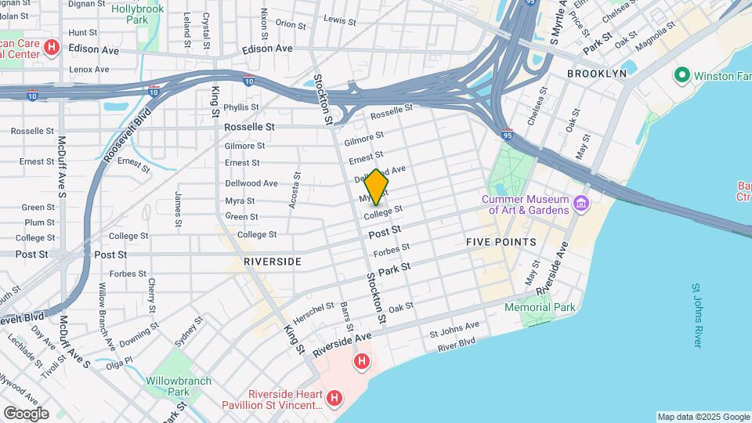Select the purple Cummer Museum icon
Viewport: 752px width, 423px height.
pyautogui.click(x=581, y=204)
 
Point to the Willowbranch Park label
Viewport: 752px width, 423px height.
pyautogui.click(x=178, y=386)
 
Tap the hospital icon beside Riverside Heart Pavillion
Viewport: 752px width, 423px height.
pyautogui.click(x=334, y=399)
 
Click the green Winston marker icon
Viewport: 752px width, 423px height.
pyautogui.click(x=681, y=76)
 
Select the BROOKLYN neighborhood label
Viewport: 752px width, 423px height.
pyautogui.click(x=597, y=73)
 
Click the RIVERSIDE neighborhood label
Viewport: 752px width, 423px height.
pyautogui.click(x=272, y=261)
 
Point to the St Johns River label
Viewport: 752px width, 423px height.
pyautogui.click(x=696, y=316)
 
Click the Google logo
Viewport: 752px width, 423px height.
pyautogui.click(x=26, y=413)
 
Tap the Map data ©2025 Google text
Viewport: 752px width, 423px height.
pyautogui.click(x=703, y=417)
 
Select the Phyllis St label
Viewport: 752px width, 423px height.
pyautogui.click(x=241, y=107)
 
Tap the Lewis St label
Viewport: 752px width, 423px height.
pyautogui.click(x=340, y=20)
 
